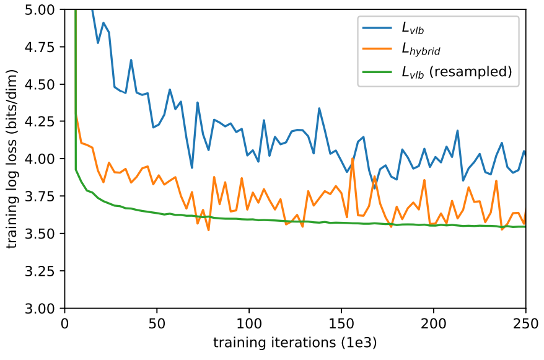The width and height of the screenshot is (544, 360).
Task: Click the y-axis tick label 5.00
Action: [x=40, y=10]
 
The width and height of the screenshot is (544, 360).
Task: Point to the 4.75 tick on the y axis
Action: [x=40, y=47]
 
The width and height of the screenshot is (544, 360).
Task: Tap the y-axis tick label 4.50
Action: [x=40, y=84]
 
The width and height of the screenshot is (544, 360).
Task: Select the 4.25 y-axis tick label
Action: [x=40, y=121]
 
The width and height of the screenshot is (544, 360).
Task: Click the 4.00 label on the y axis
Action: [x=40, y=159]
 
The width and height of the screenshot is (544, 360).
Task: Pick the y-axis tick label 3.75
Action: [x=40, y=196]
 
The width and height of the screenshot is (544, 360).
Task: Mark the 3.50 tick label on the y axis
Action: [x=40, y=234]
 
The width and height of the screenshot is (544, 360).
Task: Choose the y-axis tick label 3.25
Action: [x=40, y=271]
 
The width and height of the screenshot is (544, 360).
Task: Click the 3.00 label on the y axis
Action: [x=40, y=309]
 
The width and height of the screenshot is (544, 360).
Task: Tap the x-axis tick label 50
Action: [x=157, y=323]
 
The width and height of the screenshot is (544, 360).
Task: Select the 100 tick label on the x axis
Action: [x=249, y=323]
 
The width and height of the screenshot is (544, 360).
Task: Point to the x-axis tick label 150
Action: [x=341, y=323]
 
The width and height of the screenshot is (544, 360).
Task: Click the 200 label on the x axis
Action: [x=434, y=323]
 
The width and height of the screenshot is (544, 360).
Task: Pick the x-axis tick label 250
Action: [x=526, y=323]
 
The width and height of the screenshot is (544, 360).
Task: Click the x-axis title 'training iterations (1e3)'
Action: [x=295, y=343]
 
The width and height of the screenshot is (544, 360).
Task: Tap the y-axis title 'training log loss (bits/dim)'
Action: [x=12, y=159]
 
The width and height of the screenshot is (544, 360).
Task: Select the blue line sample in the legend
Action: [x=377, y=28]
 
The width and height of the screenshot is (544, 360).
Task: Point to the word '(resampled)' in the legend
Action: [x=471, y=71]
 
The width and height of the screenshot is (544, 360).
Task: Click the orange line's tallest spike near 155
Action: [x=353, y=159]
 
